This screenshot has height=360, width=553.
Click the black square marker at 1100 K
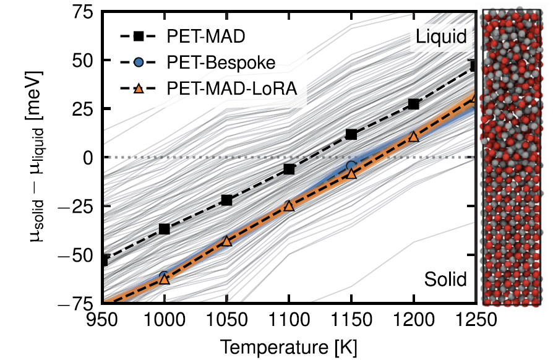point(289,169)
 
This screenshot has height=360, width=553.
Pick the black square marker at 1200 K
point(414,104)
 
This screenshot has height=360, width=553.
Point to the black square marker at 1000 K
point(165,229)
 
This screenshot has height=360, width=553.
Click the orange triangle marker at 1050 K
point(226,241)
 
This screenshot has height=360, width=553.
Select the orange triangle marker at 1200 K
point(414,137)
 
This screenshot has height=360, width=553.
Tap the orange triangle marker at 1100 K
point(289,207)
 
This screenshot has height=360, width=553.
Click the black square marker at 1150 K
point(351,134)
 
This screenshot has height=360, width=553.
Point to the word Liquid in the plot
point(440,36)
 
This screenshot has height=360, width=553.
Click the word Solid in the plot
point(445,279)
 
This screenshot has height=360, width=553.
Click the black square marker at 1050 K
point(226,200)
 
